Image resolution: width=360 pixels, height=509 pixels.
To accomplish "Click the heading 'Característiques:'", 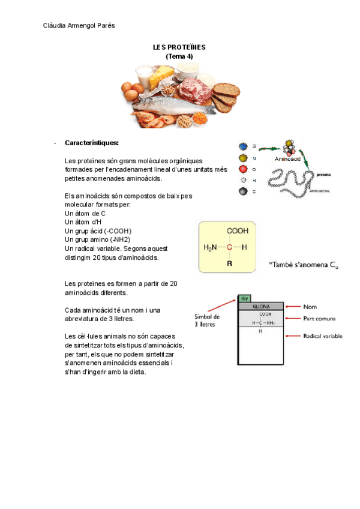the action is pos(92,143).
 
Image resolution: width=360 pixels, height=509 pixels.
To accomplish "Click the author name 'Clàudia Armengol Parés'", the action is pos(80,25).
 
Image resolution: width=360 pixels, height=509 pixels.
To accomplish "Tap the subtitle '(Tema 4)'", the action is pos(179,56).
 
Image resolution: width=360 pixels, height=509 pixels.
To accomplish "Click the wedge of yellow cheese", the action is pos(163,76).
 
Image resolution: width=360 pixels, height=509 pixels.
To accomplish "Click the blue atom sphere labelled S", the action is pos(243,146).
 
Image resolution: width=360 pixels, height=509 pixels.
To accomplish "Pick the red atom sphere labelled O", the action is pos(243,169).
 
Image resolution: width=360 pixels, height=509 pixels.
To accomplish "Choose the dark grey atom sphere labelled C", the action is pos(243,191).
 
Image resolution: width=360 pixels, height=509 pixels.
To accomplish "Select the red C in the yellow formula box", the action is pos(229,247).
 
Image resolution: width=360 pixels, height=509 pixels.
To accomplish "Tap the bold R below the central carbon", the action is pos(229,264).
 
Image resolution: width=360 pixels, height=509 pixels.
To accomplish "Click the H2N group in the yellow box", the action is pos(210,247).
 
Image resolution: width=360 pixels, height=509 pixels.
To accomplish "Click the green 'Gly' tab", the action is pos(244,298).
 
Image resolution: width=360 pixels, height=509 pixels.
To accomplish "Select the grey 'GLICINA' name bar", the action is pos(261,306).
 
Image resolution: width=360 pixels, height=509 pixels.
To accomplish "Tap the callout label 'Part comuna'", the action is pos(319,318).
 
